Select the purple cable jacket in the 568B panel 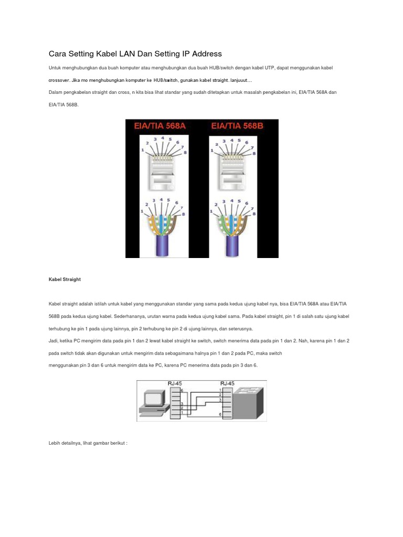[239, 244]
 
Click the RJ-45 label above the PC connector [174, 383]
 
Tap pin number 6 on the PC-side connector [182, 391]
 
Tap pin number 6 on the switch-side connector [220, 415]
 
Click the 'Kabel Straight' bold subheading [65, 280]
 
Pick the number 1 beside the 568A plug [143, 151]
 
